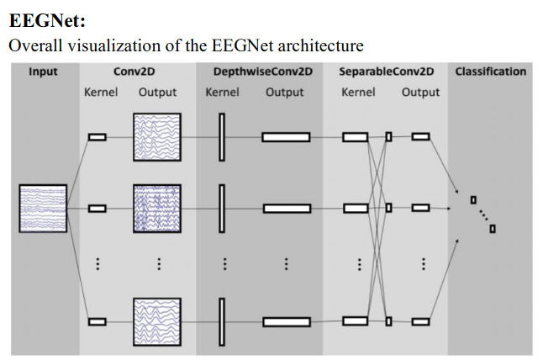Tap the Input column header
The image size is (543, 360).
[43, 71]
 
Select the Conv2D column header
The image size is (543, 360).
[134, 71]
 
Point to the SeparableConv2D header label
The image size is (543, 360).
[387, 71]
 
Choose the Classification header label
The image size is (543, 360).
[491, 71]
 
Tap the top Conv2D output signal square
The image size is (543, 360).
[157, 137]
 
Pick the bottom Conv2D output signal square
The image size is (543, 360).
[157, 320]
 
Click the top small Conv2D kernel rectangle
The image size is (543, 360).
[98, 137]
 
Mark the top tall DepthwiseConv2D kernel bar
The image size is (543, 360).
[223, 137]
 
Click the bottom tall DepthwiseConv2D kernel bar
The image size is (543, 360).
[223, 320]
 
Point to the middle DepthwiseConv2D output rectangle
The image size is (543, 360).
[286, 207]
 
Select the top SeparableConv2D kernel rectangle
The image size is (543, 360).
[356, 136]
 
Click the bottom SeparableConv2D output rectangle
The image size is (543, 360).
[421, 320]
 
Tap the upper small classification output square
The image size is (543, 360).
[473, 200]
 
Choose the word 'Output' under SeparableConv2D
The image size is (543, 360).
[420, 92]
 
